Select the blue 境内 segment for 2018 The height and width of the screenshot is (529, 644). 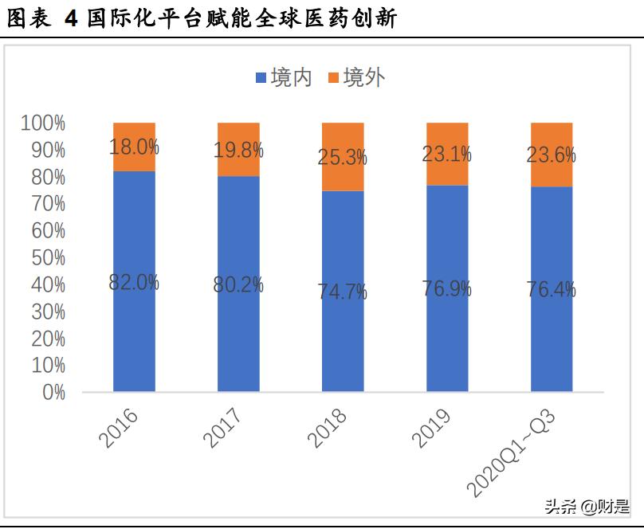pyautogui.click(x=343, y=335)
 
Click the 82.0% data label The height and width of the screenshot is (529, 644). pyautogui.click(x=134, y=282)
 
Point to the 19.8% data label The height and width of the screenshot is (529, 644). pyautogui.click(x=238, y=149)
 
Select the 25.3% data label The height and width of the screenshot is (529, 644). pyautogui.click(x=343, y=157)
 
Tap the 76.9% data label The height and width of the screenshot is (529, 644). pyautogui.click(x=447, y=288)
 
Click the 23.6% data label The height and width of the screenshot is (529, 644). pyautogui.click(x=552, y=155)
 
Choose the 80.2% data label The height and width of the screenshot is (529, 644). pyautogui.click(x=238, y=284)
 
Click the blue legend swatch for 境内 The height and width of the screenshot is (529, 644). pyautogui.click(x=261, y=78)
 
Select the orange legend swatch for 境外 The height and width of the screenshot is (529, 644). pyautogui.click(x=333, y=78)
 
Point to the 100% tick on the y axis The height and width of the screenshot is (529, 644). pyautogui.click(x=43, y=123)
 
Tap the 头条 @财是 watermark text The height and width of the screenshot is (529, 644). pyautogui.click(x=586, y=506)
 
